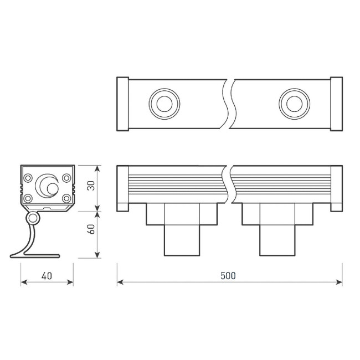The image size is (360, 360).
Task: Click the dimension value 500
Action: point(228,275)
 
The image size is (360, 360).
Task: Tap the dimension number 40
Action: point(47,275)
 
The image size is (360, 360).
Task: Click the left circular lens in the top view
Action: point(164,103)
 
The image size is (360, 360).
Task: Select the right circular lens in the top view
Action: point(294,103)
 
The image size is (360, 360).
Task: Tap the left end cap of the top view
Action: point(122,104)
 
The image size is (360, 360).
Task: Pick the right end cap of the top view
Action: point(336,104)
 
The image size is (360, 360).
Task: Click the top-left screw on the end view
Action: point(27,178)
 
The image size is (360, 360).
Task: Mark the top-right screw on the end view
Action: point(66,178)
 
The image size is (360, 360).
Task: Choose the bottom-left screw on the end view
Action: point(27,198)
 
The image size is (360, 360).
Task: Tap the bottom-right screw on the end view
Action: point(66,198)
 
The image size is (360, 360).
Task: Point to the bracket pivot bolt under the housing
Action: point(34,218)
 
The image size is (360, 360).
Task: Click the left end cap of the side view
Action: point(122,188)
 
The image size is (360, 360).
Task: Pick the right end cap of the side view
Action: point(336,188)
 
